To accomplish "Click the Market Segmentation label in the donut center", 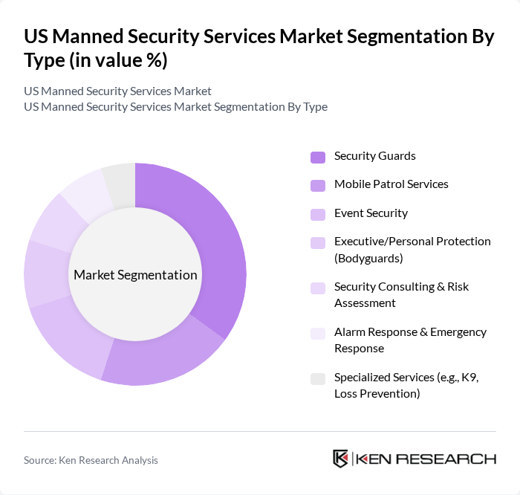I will [135, 275].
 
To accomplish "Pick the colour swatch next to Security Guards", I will [317, 157].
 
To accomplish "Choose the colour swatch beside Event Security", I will [317, 214].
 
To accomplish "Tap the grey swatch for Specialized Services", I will [317, 379].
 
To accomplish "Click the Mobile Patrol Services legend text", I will [391, 184].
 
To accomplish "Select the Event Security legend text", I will [371, 213].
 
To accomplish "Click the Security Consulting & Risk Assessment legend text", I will [401, 294].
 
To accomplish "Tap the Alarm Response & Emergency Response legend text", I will [410, 340].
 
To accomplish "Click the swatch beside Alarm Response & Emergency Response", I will [317, 334].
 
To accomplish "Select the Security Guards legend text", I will [374, 156].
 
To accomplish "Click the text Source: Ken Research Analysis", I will [91, 460].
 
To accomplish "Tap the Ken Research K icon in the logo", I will [341, 459].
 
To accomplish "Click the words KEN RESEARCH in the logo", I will [426, 459].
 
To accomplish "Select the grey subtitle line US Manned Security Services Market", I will [117, 91].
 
